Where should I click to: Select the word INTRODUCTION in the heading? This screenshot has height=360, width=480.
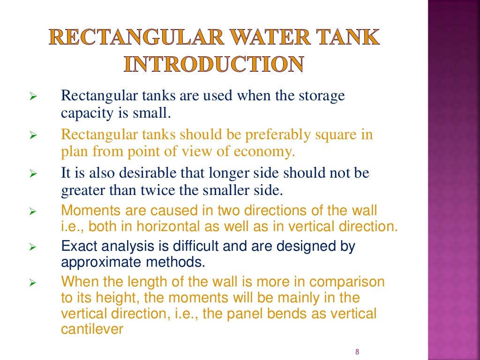(213, 64)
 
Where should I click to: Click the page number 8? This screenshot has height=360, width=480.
(357, 352)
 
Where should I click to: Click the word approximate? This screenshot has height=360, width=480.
(98, 262)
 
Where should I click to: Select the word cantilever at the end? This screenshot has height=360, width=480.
(92, 329)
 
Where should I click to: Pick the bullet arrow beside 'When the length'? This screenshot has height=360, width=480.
(32, 283)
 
